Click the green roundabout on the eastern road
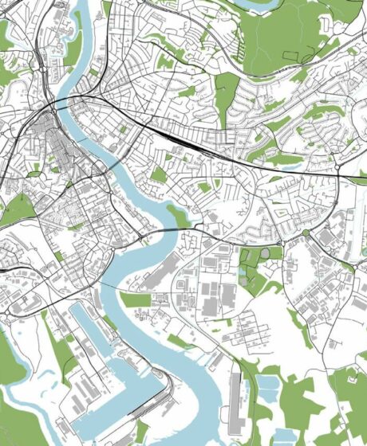(x=305, y=233)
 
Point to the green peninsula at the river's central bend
(x=177, y=214)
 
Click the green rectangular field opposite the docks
(x=136, y=300)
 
